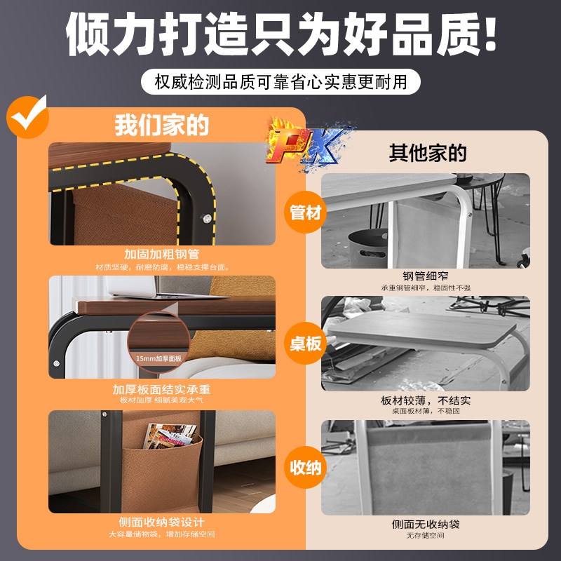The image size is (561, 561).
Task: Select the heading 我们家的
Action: pyautogui.click(x=162, y=126)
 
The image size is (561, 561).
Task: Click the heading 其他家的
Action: pyautogui.click(x=428, y=153)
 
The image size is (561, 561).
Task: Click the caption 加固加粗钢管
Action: pyautogui.click(x=162, y=254)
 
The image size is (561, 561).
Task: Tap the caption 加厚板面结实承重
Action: pyautogui.click(x=162, y=389)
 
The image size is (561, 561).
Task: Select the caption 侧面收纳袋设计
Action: pyautogui.click(x=162, y=522)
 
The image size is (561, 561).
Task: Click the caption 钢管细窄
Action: pyautogui.click(x=426, y=276)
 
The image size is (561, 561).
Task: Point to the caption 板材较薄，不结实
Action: pyautogui.click(x=426, y=400)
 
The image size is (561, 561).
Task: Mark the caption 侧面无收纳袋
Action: pyautogui.click(x=426, y=525)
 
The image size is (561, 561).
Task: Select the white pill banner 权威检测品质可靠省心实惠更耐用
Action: pyautogui.click(x=280, y=81)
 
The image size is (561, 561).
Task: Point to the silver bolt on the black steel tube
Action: pyautogui.click(x=209, y=219)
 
